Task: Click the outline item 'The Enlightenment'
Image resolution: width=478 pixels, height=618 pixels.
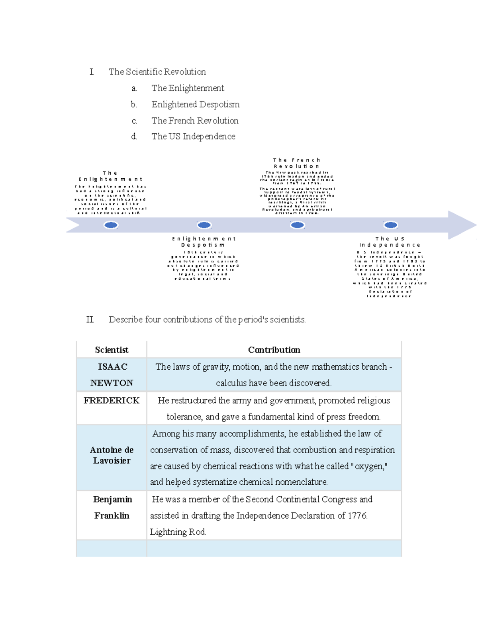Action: click(x=188, y=88)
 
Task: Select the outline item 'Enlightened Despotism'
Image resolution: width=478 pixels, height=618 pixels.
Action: click(x=195, y=104)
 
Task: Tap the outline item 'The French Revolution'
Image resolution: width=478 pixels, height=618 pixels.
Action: click(x=195, y=121)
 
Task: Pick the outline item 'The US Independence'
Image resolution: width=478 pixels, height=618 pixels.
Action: click(x=193, y=136)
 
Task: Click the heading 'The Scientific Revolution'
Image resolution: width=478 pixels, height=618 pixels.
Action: click(x=157, y=72)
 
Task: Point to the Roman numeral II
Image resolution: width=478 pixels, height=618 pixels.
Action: click(x=90, y=320)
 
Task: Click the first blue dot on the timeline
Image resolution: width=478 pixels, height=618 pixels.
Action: click(x=111, y=225)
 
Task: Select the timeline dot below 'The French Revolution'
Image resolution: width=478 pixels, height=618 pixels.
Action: click(x=298, y=225)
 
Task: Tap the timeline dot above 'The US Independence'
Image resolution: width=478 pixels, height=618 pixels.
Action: click(x=391, y=225)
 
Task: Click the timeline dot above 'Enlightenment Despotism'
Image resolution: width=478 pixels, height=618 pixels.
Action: click(x=204, y=225)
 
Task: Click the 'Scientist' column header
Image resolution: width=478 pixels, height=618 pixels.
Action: click(x=112, y=350)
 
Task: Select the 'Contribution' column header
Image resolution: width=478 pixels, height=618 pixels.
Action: click(x=274, y=350)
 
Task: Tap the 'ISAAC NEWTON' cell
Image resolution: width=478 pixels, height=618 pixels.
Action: click(x=112, y=374)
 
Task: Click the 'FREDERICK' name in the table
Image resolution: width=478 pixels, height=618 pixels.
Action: click(x=112, y=400)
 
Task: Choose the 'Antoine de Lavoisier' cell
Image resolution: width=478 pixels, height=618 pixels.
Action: click(x=112, y=455)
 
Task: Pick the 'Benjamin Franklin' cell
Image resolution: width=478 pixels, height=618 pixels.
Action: click(x=112, y=507)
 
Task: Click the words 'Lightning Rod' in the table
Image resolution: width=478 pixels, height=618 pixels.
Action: click(x=178, y=532)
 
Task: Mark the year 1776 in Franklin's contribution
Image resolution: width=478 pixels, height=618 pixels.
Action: click(x=357, y=516)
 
